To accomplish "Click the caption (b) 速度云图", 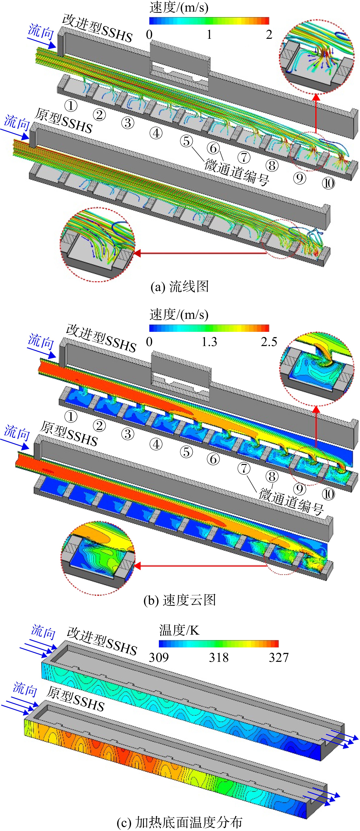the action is (180, 600).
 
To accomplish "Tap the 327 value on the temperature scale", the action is (279, 657).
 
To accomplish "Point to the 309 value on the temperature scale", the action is (159, 657).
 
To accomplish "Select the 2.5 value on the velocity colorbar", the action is (269, 342).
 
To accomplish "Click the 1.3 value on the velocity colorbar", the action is (209, 342).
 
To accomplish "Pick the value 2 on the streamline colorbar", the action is (269, 35).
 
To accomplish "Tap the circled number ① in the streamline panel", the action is (71, 105).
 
